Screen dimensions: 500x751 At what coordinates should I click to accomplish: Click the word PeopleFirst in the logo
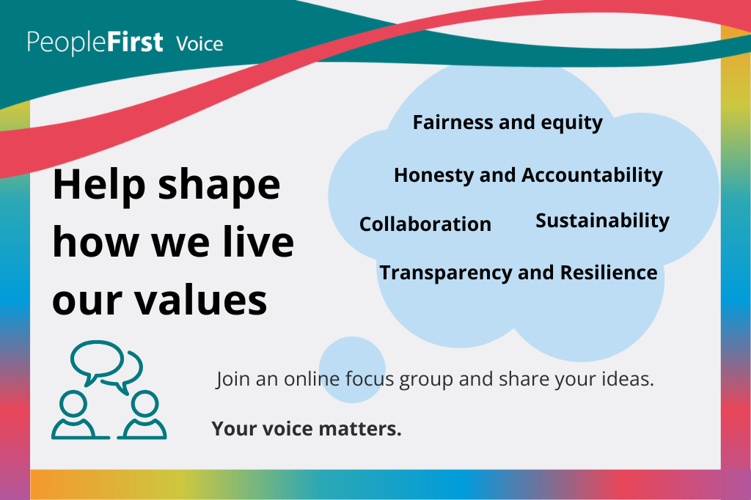tap(95, 42)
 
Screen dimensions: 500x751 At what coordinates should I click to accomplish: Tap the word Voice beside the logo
tap(199, 44)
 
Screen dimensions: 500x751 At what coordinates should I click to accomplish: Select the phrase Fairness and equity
tap(508, 122)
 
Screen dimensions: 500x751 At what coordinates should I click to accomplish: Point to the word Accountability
tap(592, 176)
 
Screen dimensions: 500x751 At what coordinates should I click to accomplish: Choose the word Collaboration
tap(425, 224)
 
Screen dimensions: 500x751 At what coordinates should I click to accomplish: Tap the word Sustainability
tap(602, 221)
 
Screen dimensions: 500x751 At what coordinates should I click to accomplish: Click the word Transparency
tap(446, 273)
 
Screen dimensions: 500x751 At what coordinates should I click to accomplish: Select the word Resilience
tap(609, 273)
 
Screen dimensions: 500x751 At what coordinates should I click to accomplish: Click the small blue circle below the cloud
tap(353, 370)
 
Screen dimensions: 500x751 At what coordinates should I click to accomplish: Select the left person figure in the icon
tap(74, 416)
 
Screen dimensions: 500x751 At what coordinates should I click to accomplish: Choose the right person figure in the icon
tap(144, 416)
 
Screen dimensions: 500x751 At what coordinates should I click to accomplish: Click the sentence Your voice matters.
tap(307, 429)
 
